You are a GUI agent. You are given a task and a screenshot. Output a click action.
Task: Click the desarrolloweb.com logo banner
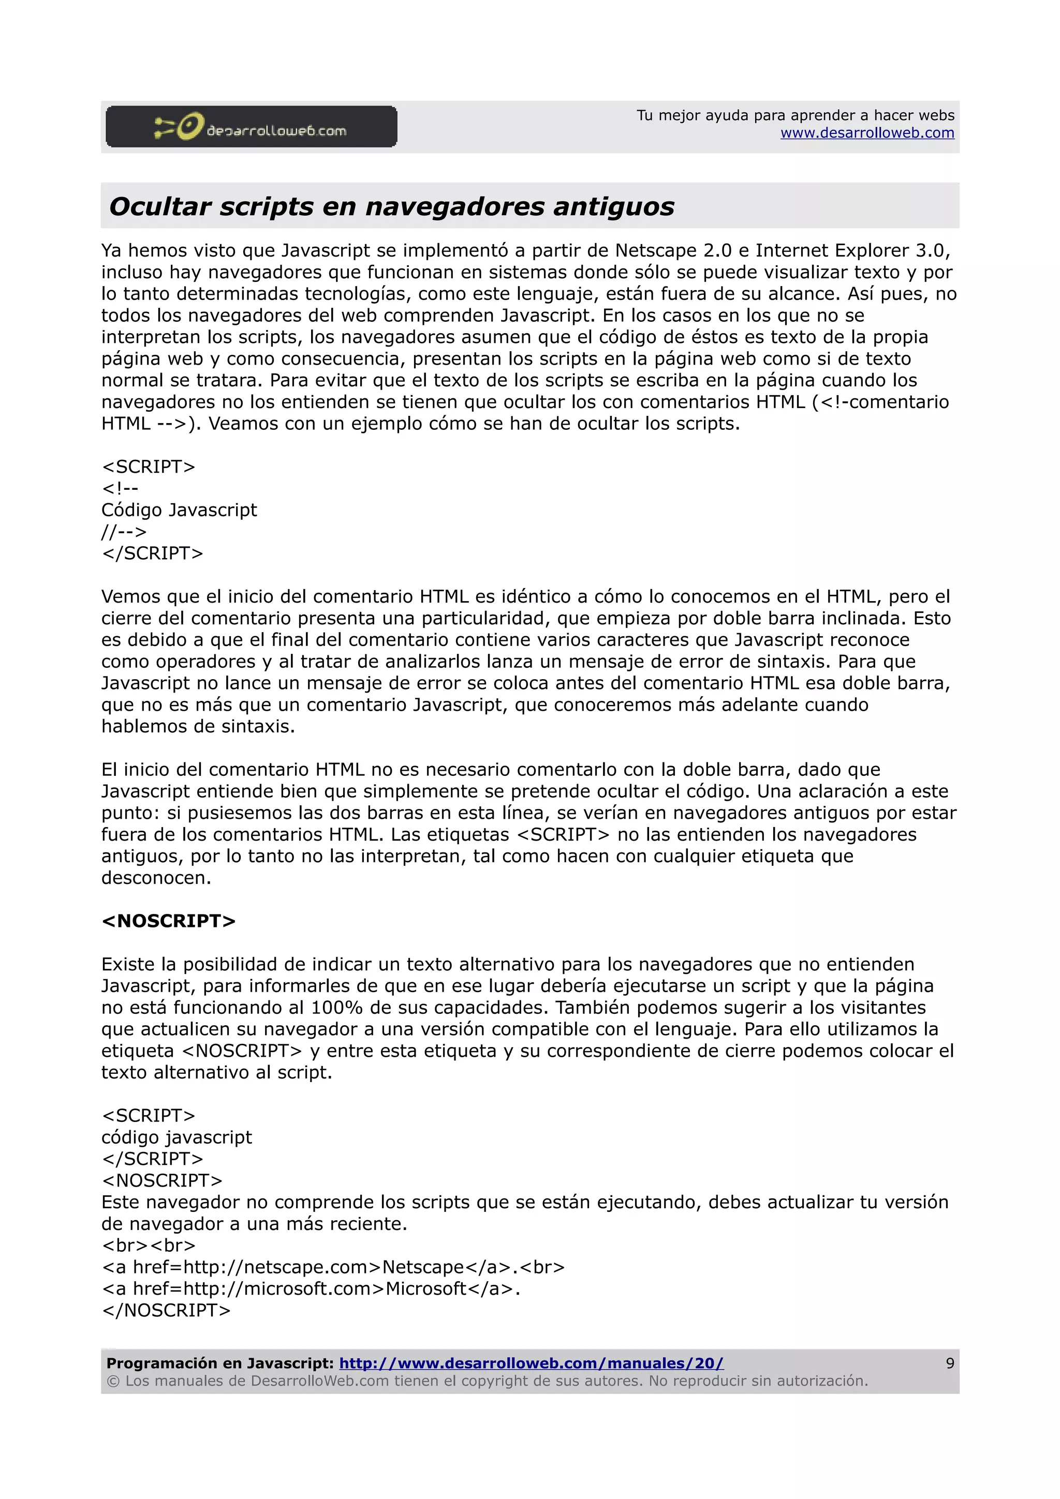click(x=251, y=127)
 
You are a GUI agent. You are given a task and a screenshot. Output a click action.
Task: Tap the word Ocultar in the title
click(x=160, y=206)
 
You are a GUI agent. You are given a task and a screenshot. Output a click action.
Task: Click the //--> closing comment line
click(x=124, y=531)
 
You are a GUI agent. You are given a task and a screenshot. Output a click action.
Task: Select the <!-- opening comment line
click(x=120, y=488)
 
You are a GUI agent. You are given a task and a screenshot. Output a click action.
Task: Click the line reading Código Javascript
click(x=179, y=510)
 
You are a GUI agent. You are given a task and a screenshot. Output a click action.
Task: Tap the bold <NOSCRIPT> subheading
click(x=169, y=921)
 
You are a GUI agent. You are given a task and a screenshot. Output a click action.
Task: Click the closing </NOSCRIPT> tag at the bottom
click(x=167, y=1310)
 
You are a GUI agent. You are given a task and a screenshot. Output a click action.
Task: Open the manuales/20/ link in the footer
click(x=531, y=1363)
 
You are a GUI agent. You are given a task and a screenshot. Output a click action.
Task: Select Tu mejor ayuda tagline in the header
click(x=795, y=115)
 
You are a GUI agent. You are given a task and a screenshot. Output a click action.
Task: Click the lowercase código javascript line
click(x=176, y=1137)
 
